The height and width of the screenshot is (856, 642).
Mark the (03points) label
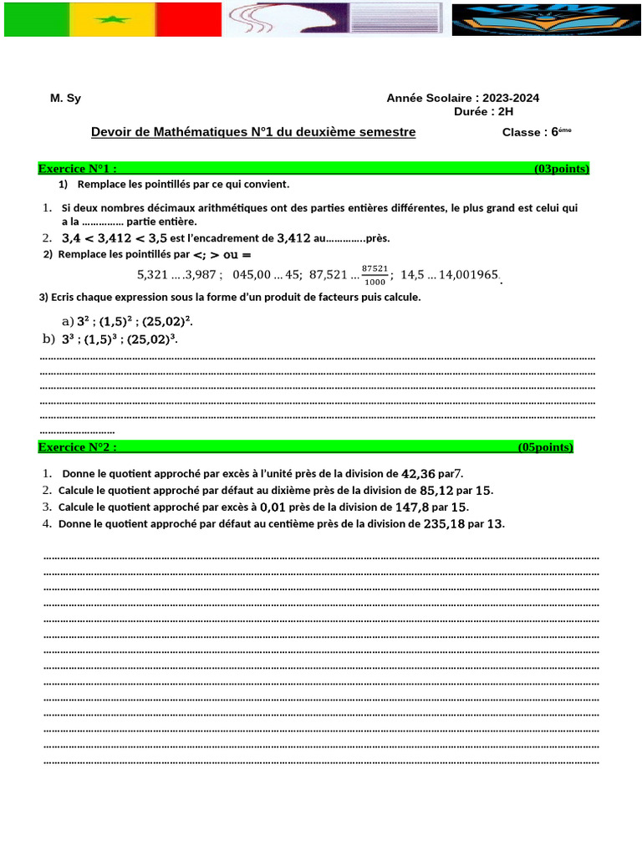point(561,169)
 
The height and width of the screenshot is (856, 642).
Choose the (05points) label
point(545,447)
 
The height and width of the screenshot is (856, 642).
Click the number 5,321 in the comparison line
point(151,274)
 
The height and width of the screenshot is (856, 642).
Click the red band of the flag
point(189,19)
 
